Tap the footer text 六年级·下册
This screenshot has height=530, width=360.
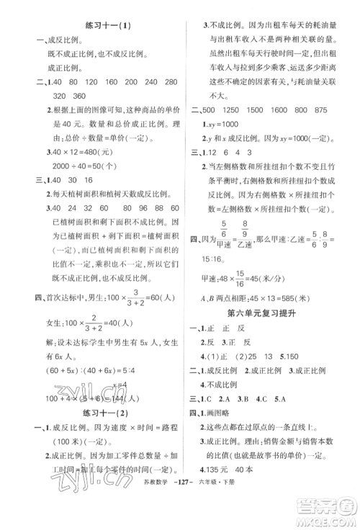[x=217, y=513]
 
